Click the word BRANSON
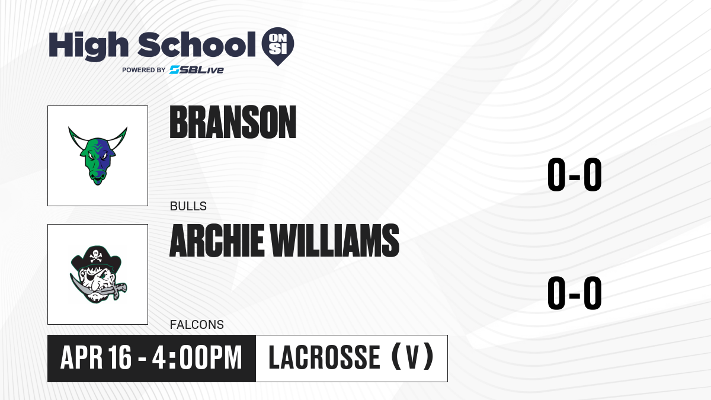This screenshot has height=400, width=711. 233,122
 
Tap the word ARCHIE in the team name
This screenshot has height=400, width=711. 217,241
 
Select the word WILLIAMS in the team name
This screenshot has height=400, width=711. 335,241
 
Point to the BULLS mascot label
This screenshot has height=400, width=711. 188,206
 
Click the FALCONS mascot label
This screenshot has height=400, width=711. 197,325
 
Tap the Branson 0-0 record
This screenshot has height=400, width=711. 575,175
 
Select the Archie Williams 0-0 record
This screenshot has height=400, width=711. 575,293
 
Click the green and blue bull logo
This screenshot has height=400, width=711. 98,156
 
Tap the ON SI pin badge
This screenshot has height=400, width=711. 278,46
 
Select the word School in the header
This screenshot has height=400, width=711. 197,44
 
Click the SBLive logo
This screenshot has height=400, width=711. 197,70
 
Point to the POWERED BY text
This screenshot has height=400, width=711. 144,70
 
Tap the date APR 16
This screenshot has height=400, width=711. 95,357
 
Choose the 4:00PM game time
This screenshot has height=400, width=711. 197,357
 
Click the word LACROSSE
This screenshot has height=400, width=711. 325,357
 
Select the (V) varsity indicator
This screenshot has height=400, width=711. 412,357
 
